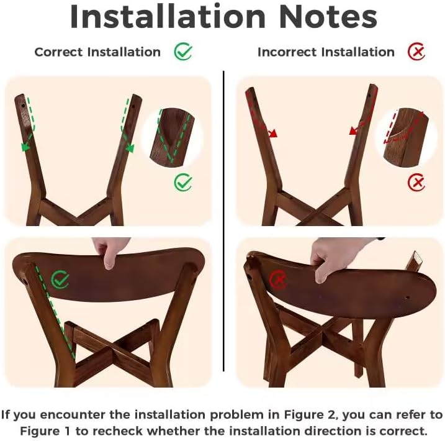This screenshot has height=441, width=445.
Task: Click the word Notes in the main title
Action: tap(328, 17)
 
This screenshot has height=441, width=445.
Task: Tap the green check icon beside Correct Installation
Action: tap(183, 52)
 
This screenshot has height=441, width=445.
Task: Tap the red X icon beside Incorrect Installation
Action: tap(416, 52)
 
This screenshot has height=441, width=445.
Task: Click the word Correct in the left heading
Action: tap(58, 52)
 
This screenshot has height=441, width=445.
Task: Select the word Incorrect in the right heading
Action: tap(287, 52)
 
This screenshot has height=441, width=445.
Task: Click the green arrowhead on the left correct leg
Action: tap(25, 147)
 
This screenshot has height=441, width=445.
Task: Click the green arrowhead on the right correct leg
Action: tap(130, 148)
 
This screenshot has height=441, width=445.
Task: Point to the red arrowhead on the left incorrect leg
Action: tap(272, 133)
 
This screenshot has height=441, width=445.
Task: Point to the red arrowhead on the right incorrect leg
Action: tap(354, 130)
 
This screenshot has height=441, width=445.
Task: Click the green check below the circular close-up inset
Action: tap(183, 182)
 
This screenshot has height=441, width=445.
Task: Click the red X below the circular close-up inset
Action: tap(416, 183)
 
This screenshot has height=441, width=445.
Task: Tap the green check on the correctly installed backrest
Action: tap(60, 280)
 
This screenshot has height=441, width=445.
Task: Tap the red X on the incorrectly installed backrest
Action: tap(278, 280)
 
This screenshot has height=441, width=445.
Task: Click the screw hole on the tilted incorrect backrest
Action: tap(407, 298)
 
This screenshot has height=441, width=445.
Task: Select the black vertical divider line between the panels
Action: tap(223, 221)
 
